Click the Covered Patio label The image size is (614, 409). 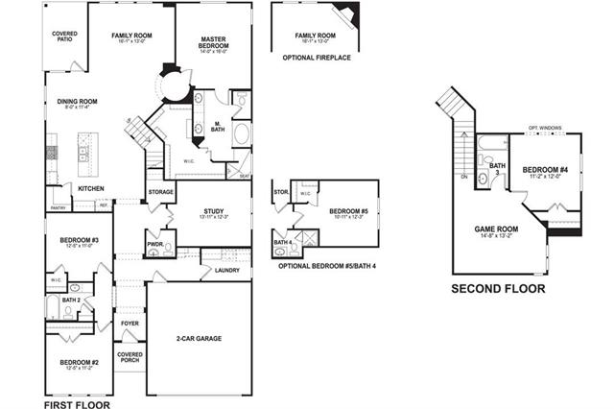[64, 36]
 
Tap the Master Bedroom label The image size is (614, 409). [213, 41]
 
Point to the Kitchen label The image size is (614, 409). [91, 188]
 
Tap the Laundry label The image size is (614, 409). [227, 270]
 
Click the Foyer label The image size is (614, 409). [130, 323]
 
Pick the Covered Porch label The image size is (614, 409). [130, 356]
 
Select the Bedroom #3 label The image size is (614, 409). [80, 240]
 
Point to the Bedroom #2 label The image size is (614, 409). [80, 364]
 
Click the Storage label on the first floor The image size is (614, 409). [161, 192]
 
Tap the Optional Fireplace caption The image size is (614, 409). [317, 59]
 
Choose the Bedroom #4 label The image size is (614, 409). [546, 171]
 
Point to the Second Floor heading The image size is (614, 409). [498, 288]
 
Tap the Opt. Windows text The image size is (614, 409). [545, 127]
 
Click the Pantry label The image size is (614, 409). [59, 207]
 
